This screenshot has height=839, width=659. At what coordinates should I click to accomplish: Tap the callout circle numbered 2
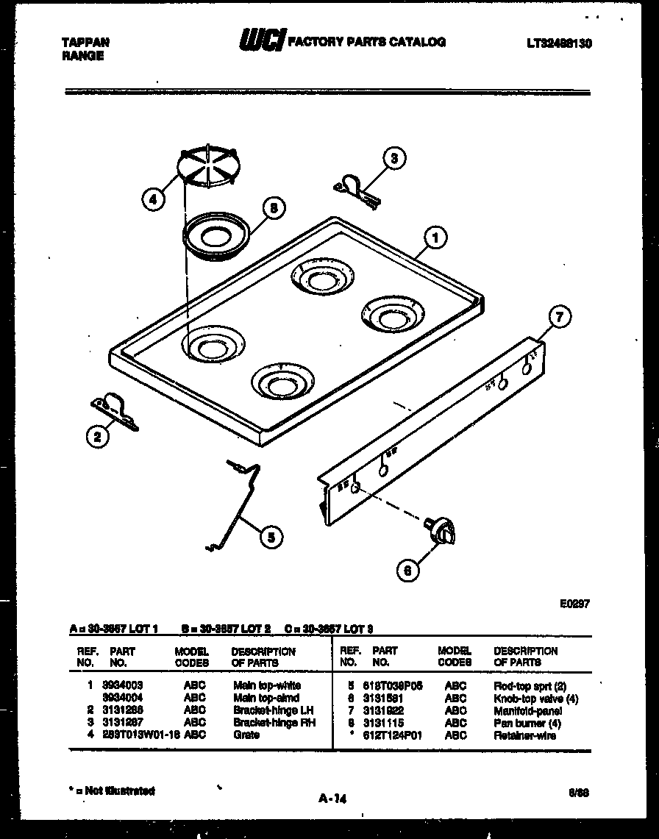point(96,437)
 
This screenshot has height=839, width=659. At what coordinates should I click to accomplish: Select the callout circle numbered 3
point(394,157)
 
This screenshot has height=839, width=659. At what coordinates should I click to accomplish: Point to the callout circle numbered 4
point(153,199)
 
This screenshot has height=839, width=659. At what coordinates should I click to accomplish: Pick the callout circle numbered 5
point(271,537)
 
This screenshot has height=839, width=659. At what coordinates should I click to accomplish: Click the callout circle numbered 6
point(407,568)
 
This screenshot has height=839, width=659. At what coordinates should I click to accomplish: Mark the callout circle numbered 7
point(559,318)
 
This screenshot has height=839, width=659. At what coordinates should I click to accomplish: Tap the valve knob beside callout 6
point(442,531)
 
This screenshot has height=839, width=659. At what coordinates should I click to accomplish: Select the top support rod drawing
point(237,506)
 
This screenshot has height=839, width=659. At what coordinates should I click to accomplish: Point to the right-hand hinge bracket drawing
point(355,187)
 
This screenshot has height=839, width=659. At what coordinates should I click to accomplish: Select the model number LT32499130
point(559,44)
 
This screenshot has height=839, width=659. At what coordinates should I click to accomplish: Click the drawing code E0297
point(574,603)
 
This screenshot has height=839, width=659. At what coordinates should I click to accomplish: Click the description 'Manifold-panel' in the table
point(527,711)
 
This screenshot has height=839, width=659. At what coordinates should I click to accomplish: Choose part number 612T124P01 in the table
point(398,735)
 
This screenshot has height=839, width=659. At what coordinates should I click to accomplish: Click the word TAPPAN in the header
point(85,43)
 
